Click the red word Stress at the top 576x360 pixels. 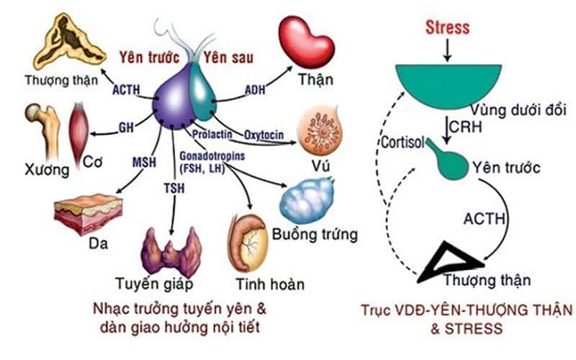447,28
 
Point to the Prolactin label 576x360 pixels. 211,134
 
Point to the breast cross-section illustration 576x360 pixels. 320,129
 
